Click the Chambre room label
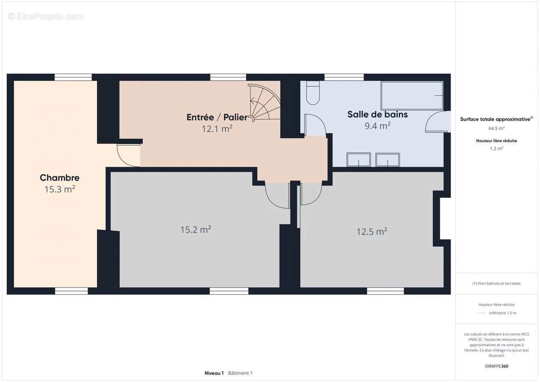(60, 178)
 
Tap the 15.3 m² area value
(60, 189)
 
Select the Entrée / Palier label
(217, 117)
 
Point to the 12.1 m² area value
(217, 129)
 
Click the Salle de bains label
(378, 114)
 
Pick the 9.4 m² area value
(378, 126)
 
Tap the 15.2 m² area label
(196, 230)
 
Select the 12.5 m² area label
(371, 232)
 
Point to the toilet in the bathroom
(313, 93)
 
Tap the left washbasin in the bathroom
(359, 160)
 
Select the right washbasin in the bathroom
(387, 160)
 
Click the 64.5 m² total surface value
(496, 128)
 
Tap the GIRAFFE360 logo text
(496, 366)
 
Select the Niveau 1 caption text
(214, 373)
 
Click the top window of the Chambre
(73, 77)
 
